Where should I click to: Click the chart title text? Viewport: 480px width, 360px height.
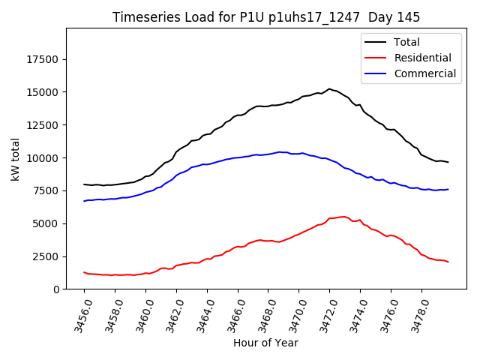pyautogui.click(x=266, y=17)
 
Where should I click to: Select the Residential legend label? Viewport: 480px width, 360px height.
pyautogui.click(x=422, y=58)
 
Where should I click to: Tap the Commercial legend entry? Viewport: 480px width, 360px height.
pyautogui.click(x=424, y=73)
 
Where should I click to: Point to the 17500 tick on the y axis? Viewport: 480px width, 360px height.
pyautogui.click(x=44, y=60)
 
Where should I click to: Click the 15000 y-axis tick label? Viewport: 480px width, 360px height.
pyautogui.click(x=44, y=92)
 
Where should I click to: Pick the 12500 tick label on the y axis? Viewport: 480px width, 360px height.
pyautogui.click(x=44, y=125)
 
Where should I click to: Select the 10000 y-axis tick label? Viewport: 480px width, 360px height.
pyautogui.click(x=44, y=158)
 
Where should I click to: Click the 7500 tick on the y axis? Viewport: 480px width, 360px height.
pyautogui.click(x=47, y=190)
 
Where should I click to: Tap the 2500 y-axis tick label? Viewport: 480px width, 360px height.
pyautogui.click(x=47, y=256)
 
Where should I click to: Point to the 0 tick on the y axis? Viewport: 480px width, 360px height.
pyautogui.click(x=56, y=289)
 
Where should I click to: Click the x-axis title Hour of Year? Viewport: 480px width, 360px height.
pyautogui.click(x=265, y=343)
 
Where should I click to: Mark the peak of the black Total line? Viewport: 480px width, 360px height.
pyautogui.click(x=329, y=88)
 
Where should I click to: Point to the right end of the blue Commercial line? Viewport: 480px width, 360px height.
pyautogui.click(x=448, y=189)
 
